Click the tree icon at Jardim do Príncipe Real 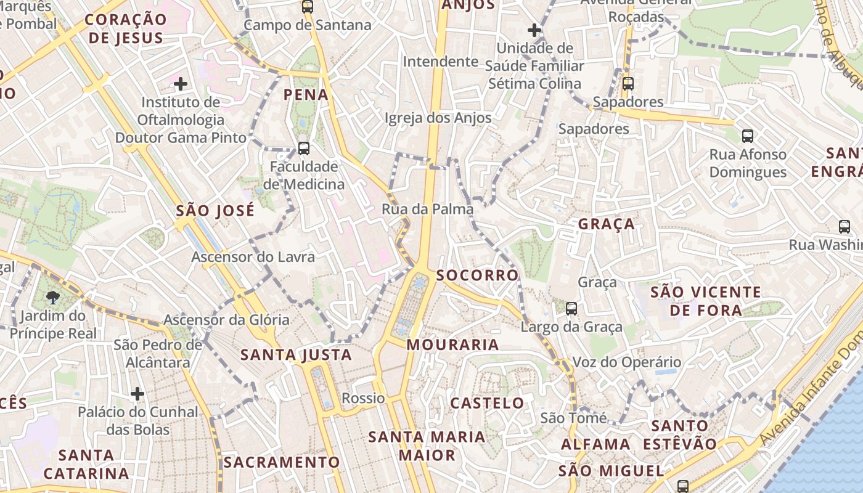[x=53, y=298]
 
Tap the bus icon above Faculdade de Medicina [x=303, y=148]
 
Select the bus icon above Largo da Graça [x=571, y=309]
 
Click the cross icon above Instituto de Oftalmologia [x=180, y=83]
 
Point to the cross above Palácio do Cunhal [x=137, y=393]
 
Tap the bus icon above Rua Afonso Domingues [x=747, y=136]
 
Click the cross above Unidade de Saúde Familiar [x=534, y=30]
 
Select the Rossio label [x=363, y=398]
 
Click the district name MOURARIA [x=453, y=344]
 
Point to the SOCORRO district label [x=477, y=275]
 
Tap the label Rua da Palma [x=428, y=209]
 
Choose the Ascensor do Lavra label [x=253, y=256]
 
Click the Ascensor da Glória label [x=226, y=319]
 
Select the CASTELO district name [x=487, y=403]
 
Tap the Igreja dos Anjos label [x=438, y=118]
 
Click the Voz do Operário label [x=627, y=362]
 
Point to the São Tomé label [x=573, y=418]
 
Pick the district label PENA [x=306, y=94]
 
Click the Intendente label [x=440, y=62]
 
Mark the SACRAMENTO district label [x=282, y=462]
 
